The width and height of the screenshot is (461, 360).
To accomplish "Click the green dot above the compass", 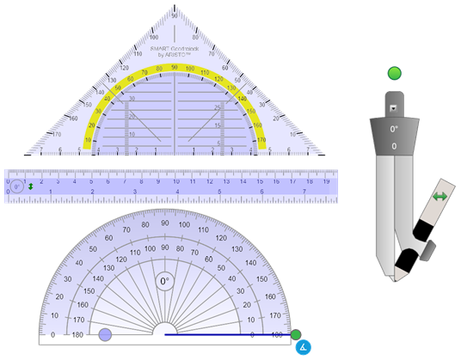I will coord(394,74).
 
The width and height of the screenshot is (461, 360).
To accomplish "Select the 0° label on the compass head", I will coord(394,130).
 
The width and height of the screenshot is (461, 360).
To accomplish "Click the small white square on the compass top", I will coord(394,108).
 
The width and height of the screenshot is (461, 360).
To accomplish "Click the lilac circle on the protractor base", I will coord(106,335).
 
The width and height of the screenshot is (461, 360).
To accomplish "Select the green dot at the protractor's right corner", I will coord(296,334).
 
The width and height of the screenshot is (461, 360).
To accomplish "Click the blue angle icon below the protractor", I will coord(302,347).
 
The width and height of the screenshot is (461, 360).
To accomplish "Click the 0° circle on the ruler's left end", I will coord(17,186).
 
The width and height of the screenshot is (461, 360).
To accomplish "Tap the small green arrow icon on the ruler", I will coord(31,186).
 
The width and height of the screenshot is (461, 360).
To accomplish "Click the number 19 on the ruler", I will coord(326,181).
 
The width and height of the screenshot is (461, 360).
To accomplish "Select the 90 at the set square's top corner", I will coord(175,16).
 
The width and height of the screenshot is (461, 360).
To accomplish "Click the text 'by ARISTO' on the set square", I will coord(175,56).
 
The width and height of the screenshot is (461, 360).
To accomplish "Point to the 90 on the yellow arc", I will coord(175,67).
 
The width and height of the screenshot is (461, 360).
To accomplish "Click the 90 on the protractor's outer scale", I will coord(164,223).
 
